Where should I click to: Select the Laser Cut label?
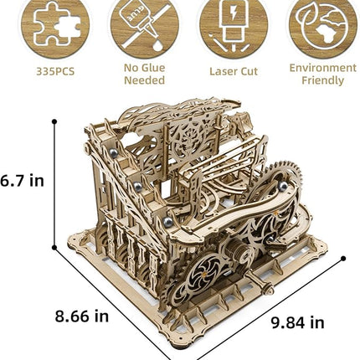(x=227, y=72)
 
